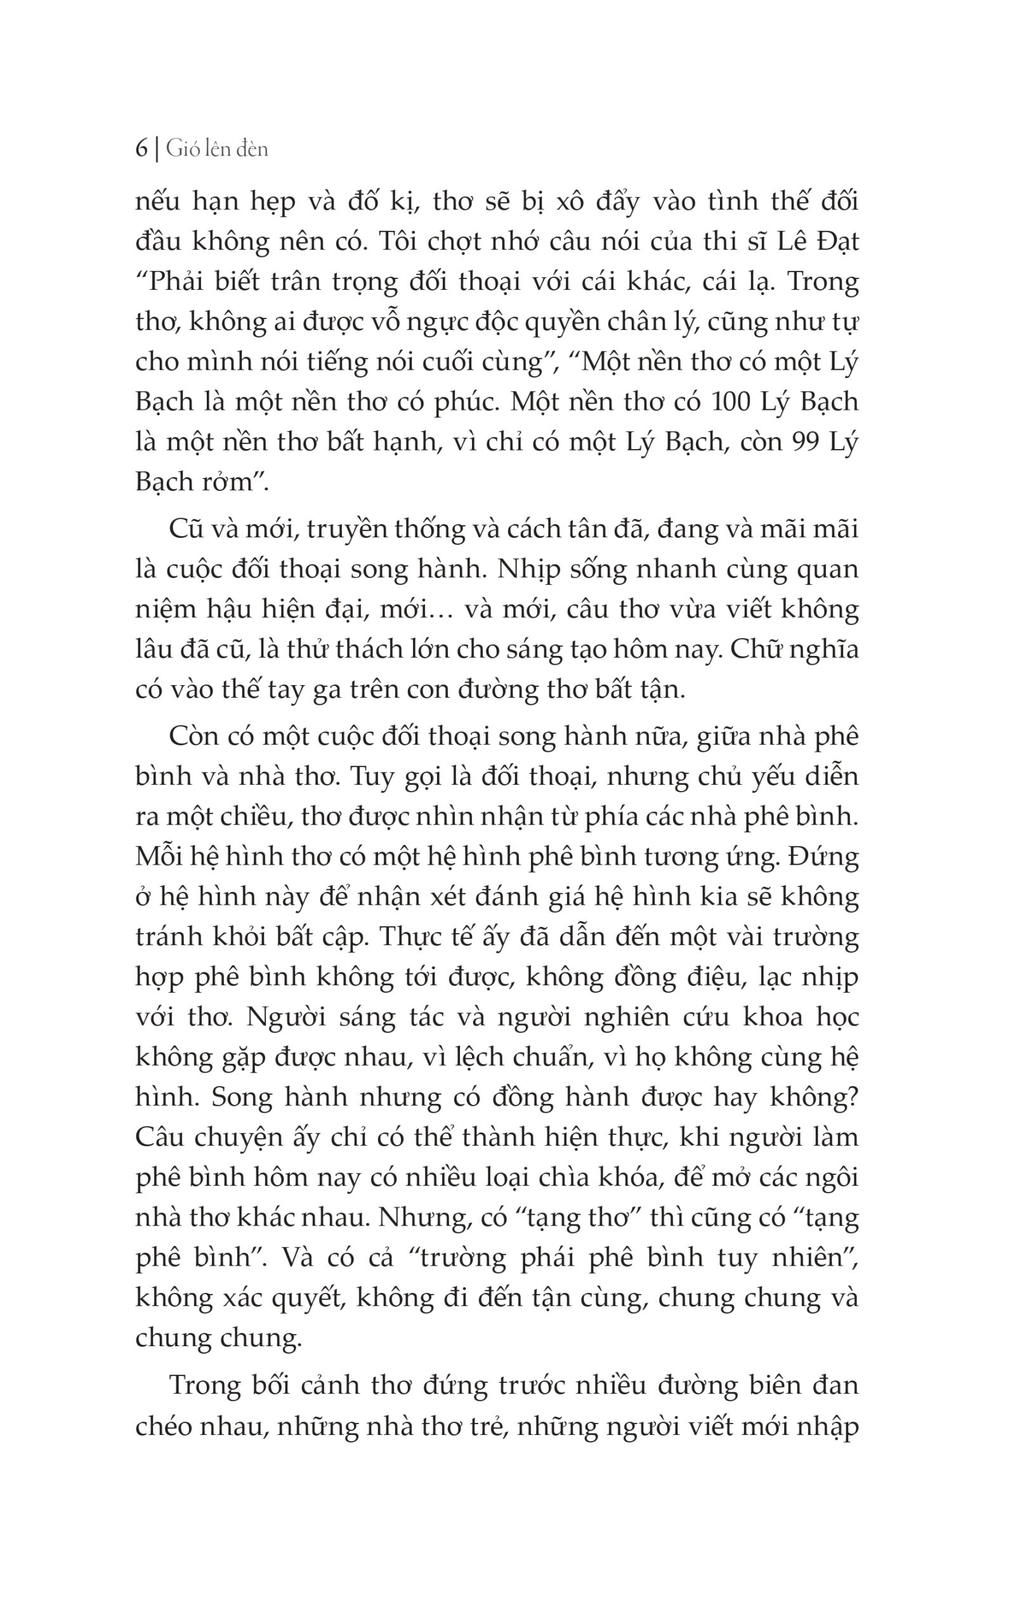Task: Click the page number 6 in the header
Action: coord(141,148)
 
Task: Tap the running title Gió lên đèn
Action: coord(217,148)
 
